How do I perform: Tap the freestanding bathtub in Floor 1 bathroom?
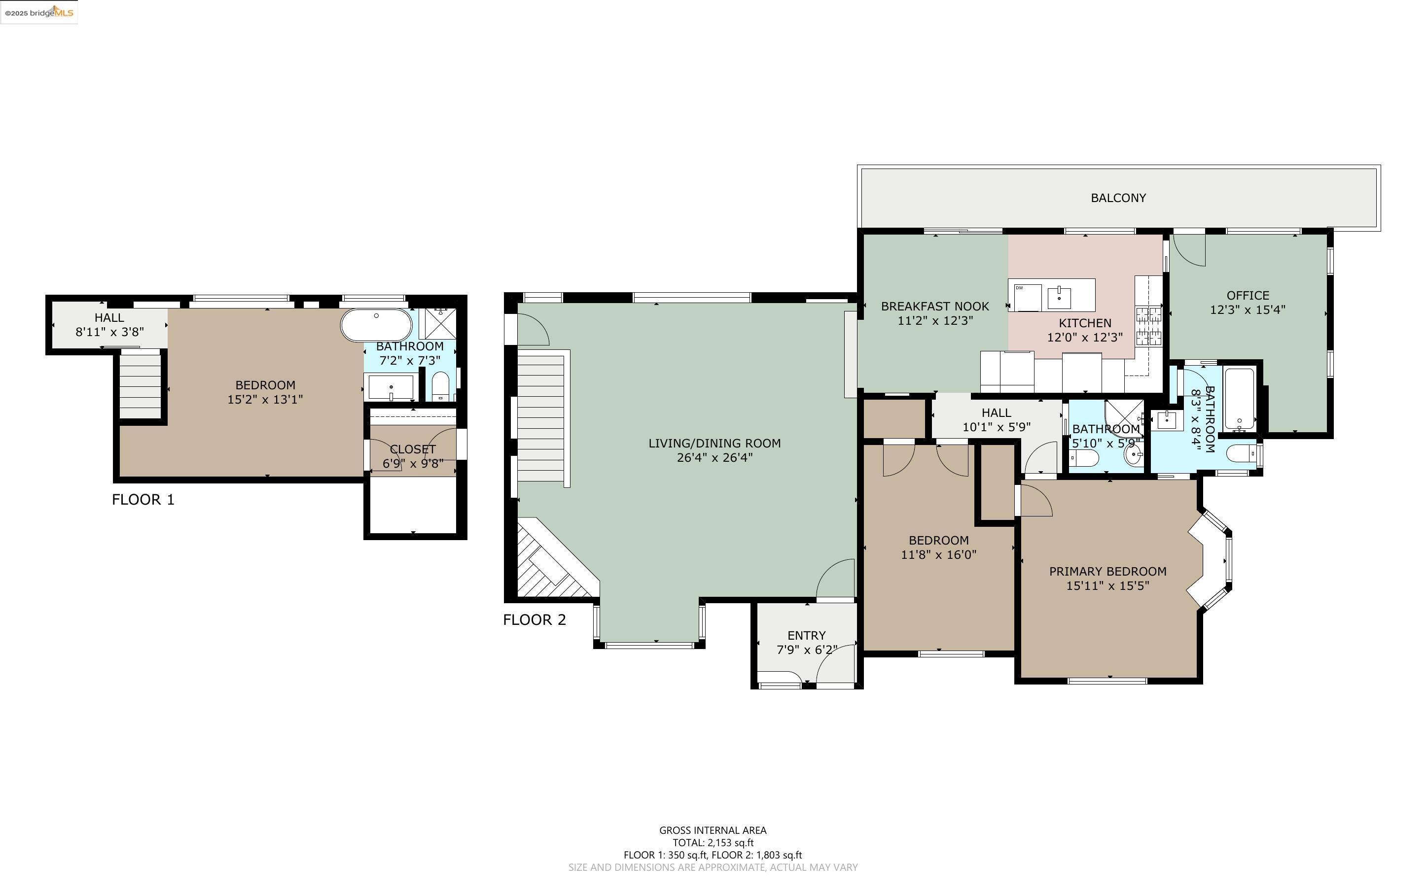pos(377,325)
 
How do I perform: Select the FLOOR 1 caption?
pos(143,500)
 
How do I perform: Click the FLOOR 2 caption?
pos(534,620)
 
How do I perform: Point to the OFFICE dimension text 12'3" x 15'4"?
pos(1247,309)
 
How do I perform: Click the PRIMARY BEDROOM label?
pos(1107,571)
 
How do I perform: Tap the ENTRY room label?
pos(806,635)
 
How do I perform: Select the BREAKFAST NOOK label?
pos(935,306)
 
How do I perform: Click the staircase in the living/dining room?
pos(540,416)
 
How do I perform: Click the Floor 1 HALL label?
pos(109,318)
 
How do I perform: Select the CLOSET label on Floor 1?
pos(413,449)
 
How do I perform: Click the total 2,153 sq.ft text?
pos(713,843)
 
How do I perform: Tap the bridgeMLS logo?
pos(39,12)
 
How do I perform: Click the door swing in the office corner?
pos(1187,250)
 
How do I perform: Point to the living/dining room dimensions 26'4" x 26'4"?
pos(714,458)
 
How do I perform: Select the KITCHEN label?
pos(1084,323)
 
